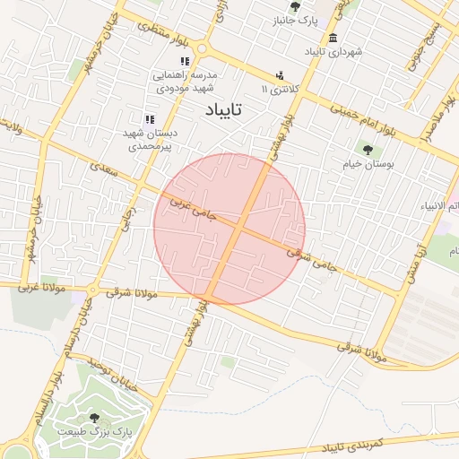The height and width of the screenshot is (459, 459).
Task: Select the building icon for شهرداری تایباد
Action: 333,38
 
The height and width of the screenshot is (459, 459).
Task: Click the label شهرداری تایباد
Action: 333,52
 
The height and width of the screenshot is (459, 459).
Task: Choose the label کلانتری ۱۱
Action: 275,90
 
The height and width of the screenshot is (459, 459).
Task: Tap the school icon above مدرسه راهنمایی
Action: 184,61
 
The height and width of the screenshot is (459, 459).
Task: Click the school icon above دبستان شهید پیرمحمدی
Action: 150,118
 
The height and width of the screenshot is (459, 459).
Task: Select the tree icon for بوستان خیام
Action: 368,149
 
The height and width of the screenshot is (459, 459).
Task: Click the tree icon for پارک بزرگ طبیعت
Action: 95,418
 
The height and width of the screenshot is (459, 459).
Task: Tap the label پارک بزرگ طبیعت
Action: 95,432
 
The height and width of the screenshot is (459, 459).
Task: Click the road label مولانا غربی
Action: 39,289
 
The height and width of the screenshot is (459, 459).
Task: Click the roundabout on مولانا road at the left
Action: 94,289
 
